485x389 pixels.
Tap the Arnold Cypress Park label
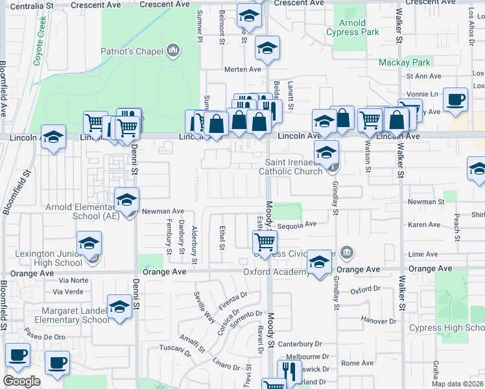pos(352,28)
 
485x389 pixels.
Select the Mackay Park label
pos(405,63)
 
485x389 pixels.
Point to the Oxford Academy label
pos(276,272)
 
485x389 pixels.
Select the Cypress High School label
pos(446,328)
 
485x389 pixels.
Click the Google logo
pos(21,381)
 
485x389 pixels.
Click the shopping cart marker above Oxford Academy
pos(265,242)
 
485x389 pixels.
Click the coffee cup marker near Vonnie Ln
pos(455,99)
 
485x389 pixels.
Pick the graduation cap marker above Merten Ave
pos(266,47)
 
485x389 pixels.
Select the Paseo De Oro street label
pos(45,336)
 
